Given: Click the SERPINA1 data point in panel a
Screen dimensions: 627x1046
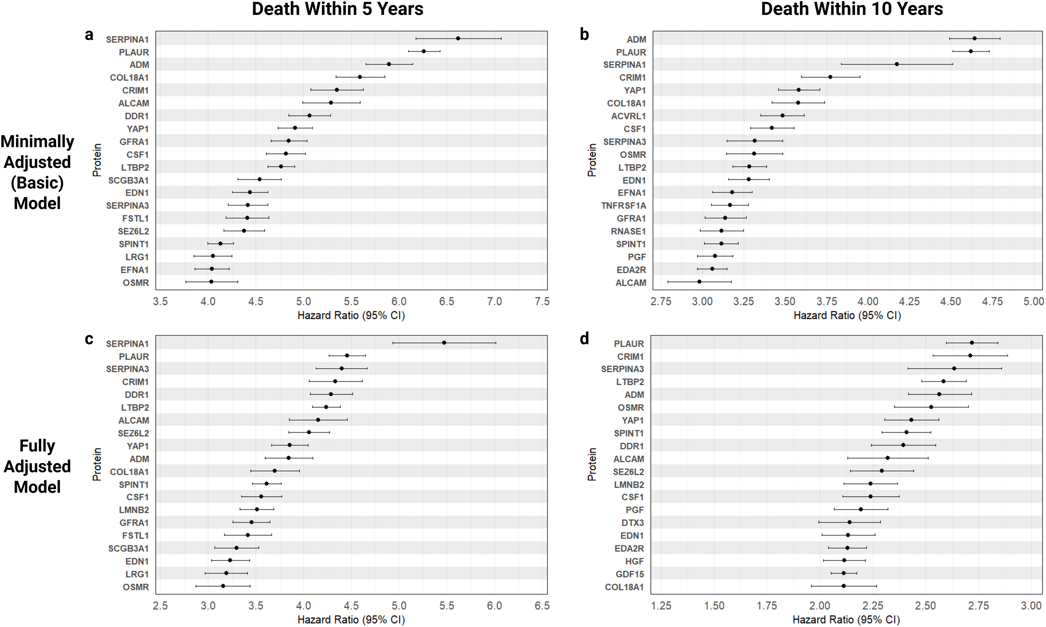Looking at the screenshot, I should coord(458,38).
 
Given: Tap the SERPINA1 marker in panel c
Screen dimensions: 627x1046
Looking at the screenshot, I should coord(444,343).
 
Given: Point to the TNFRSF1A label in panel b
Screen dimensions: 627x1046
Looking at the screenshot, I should coord(624,206).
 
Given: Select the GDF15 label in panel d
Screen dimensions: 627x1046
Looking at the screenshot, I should coord(630,574).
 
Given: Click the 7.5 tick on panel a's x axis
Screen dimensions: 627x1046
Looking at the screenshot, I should coord(542,302).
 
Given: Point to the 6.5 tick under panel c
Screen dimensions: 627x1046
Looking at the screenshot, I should coord(542,606).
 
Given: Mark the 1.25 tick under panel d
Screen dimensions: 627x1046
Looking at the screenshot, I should coord(661,606).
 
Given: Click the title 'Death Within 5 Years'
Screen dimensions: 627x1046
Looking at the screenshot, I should coord(338,9).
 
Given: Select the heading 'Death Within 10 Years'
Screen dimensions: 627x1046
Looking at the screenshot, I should coord(852,9).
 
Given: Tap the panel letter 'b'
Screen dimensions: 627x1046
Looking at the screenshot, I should coord(584,35).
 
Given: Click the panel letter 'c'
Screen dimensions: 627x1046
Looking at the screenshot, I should coord(89,339).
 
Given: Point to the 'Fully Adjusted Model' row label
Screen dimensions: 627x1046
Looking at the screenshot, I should coord(37,466).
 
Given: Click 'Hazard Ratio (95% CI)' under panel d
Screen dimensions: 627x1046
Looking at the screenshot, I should coord(846,620).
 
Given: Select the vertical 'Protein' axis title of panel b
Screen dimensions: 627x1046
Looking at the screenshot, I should coord(592,160).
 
